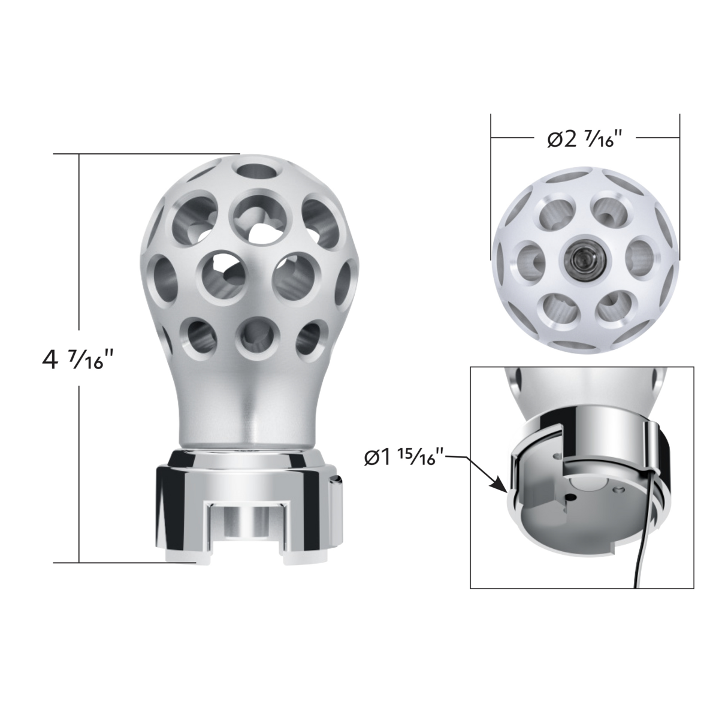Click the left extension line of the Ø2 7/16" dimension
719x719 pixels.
[491, 180]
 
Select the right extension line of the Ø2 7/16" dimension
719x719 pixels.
[679, 180]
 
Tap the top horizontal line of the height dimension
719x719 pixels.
[147, 154]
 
